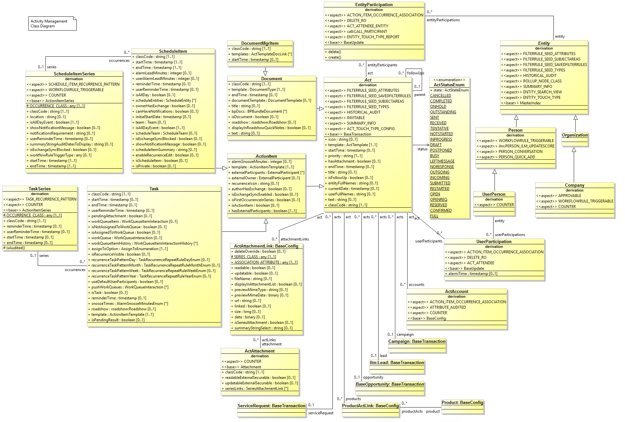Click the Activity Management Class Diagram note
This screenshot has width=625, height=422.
tap(49, 23)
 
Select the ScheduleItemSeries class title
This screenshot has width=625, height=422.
tap(74, 74)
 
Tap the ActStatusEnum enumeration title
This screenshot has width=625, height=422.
tap(449, 85)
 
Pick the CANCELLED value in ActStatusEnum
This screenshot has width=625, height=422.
tap(440, 96)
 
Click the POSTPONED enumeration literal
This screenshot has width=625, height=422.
tap(441, 150)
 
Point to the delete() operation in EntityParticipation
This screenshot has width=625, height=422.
tap(334, 52)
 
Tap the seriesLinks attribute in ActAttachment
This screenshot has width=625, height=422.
tap(256, 389)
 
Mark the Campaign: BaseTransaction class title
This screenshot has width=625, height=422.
tap(417, 342)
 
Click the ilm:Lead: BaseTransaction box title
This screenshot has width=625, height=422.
tap(397, 363)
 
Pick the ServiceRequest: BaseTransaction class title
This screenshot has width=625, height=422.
tap(271, 406)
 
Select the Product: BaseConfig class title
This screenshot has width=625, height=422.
tap(462, 403)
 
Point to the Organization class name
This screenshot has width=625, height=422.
tap(574, 135)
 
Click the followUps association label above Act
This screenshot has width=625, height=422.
tap(416, 73)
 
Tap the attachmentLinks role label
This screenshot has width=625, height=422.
tap(294, 239)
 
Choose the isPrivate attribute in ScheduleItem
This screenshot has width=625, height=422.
tap(156, 166)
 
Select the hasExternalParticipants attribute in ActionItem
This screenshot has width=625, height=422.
tap(264, 211)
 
